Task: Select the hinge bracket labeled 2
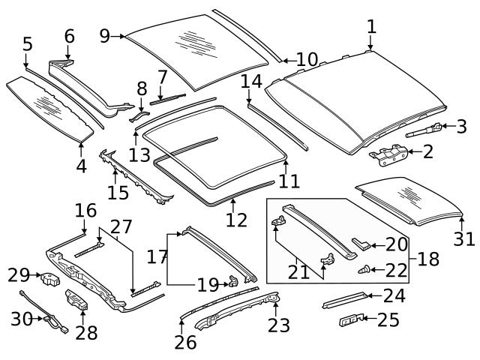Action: point(388,156)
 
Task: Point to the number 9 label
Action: point(104,35)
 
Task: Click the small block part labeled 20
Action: point(361,244)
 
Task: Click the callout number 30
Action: point(22,319)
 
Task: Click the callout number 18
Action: point(428,259)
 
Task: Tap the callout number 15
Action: point(118,193)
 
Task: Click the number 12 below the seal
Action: point(236,221)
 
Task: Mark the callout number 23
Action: point(277,325)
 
